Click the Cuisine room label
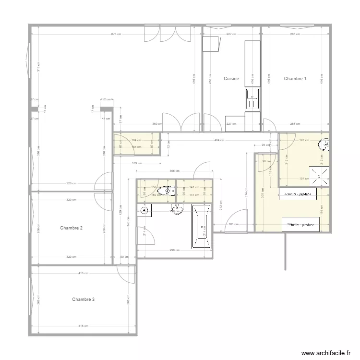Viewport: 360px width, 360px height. [231, 78]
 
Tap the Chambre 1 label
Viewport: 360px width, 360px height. [295, 78]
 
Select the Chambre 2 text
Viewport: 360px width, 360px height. [71, 228]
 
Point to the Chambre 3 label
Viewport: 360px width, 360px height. [83, 300]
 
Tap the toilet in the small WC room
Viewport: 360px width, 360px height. [168, 191]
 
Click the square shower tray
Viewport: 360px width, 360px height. [319, 176]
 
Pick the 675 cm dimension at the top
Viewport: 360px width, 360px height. [115, 34]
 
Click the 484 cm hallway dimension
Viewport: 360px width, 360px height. [219, 140]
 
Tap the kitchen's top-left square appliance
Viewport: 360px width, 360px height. [210, 44]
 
